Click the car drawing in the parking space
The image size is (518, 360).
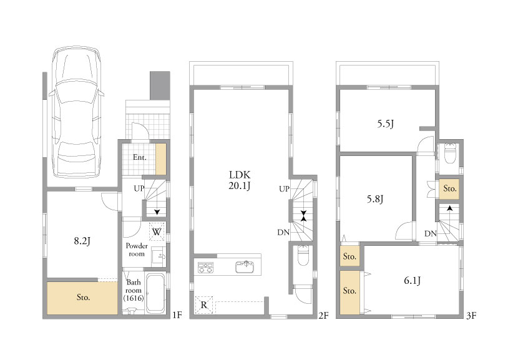point(77,112)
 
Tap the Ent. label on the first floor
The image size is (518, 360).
point(139,157)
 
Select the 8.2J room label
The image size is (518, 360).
point(82,241)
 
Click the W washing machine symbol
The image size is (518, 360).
point(157,231)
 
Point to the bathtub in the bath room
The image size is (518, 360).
point(155,293)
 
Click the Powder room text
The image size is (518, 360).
point(137,250)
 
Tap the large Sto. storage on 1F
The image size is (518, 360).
point(82,298)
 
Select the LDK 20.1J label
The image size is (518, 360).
point(240,180)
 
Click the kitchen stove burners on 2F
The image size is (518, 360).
point(205,268)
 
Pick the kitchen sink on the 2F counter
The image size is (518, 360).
point(245,266)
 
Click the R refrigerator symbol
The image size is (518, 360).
point(204,305)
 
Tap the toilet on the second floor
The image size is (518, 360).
point(303,255)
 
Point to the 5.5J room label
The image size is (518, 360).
point(386,124)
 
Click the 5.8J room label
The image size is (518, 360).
point(375,199)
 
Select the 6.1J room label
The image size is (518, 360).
point(413,281)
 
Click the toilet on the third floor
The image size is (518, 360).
point(450,153)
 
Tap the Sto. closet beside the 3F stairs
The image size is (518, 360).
point(449,189)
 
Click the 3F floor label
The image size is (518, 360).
point(471,316)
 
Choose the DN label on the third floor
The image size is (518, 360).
point(431,234)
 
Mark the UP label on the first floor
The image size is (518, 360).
point(139,188)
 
